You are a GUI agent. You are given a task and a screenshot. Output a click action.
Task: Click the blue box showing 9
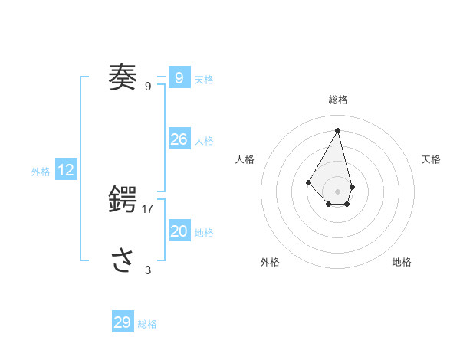[179, 77]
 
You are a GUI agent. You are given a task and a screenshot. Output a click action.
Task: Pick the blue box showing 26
[179, 139]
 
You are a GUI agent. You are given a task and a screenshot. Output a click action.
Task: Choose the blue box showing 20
[179, 231]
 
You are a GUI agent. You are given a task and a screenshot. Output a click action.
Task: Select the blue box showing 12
[66, 170]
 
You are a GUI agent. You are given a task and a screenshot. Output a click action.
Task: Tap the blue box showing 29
[123, 322]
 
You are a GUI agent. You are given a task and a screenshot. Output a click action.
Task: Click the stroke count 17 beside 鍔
[148, 208]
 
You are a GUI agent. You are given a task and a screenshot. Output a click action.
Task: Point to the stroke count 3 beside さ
[148, 270]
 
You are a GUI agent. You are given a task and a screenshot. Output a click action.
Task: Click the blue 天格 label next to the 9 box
[204, 80]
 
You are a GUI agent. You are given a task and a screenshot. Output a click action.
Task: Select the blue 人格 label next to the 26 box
[204, 141]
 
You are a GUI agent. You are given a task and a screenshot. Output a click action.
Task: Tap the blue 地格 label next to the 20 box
[204, 233]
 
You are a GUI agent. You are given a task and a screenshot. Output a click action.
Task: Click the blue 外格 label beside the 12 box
[41, 172]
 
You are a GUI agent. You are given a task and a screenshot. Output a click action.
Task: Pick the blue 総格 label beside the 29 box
[147, 324]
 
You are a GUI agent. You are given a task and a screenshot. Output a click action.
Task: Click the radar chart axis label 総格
[337, 100]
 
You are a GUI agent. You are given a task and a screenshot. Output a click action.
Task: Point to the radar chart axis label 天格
[431, 159]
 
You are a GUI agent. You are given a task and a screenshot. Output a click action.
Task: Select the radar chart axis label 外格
[270, 262]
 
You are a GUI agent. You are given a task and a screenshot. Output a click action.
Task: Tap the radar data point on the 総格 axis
[337, 130]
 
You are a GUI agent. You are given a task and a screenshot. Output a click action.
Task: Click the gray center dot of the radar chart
[337, 191]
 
